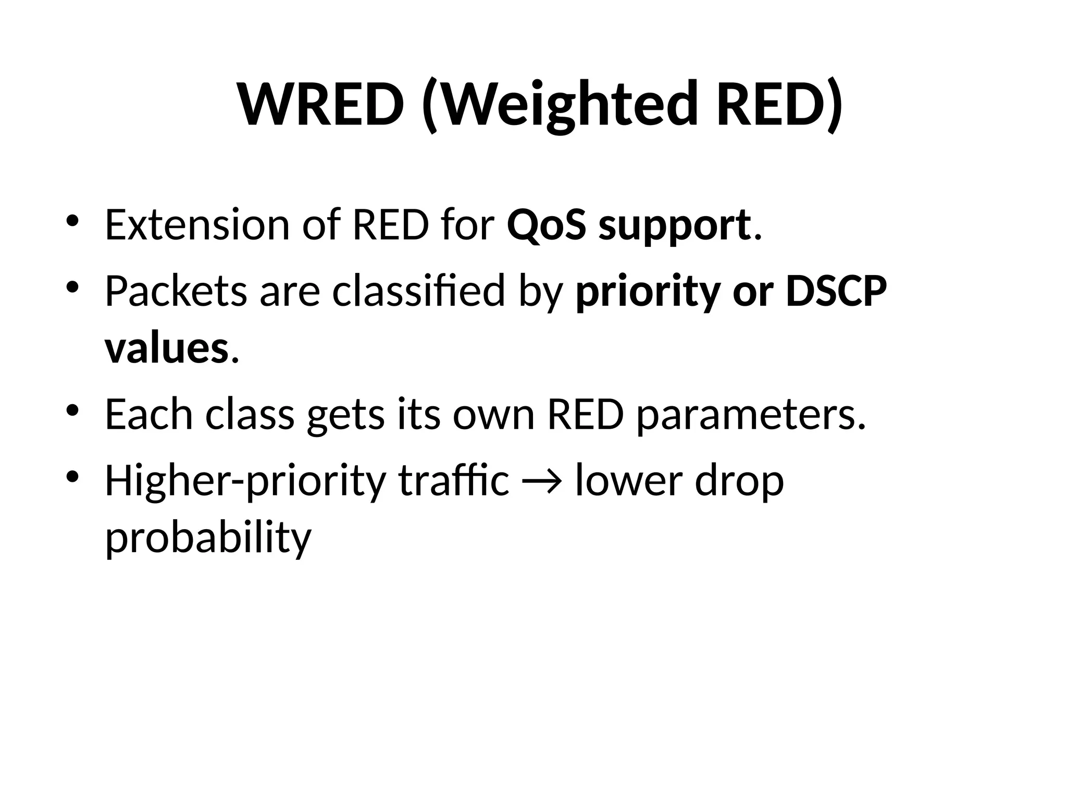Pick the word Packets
(x=176, y=291)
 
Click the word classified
(x=418, y=291)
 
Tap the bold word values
(x=166, y=348)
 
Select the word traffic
(x=453, y=480)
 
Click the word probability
(x=208, y=539)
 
